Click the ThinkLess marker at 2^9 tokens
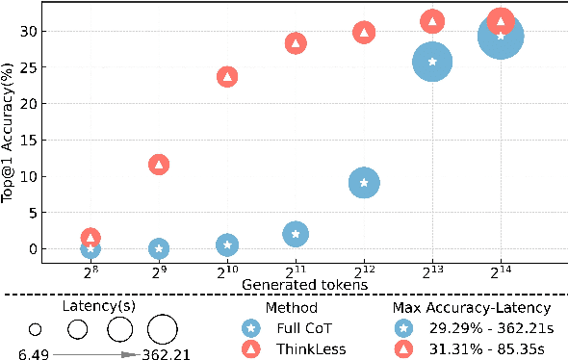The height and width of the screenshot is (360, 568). pyautogui.click(x=159, y=165)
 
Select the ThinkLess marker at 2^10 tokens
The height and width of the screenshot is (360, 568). pyautogui.click(x=227, y=76)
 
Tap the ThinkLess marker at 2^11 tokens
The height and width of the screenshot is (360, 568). pyautogui.click(x=296, y=42)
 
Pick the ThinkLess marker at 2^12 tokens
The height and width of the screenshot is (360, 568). pyautogui.click(x=364, y=32)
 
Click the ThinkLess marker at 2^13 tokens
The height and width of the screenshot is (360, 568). pyautogui.click(x=432, y=21)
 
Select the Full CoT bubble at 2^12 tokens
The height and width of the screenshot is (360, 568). pyautogui.click(x=364, y=182)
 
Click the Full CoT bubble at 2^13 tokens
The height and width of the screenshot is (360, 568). pyautogui.click(x=432, y=63)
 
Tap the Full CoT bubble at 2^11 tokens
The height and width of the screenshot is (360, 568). pyautogui.click(x=296, y=234)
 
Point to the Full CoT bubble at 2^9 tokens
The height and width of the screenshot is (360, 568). pyautogui.click(x=159, y=248)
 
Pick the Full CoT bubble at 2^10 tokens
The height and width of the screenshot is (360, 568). pyautogui.click(x=227, y=244)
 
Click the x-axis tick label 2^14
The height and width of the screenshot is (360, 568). pyautogui.click(x=501, y=271)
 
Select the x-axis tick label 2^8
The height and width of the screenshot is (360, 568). pyautogui.click(x=90, y=271)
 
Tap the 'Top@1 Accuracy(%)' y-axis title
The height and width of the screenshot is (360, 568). pyautogui.click(x=9, y=140)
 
